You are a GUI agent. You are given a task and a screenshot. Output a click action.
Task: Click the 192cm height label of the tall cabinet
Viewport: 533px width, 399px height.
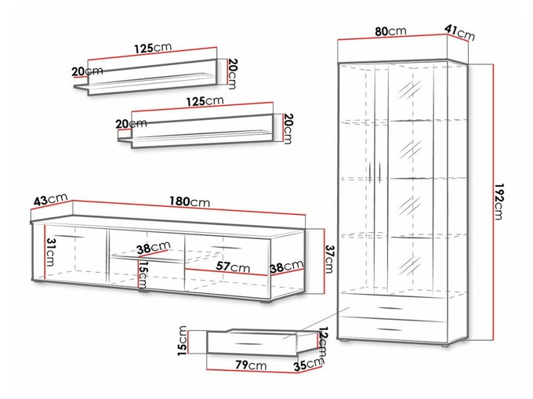498,201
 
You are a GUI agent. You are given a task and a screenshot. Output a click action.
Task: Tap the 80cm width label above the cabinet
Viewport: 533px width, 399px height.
390,31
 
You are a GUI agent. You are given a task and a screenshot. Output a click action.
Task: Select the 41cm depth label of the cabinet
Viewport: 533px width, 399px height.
459,32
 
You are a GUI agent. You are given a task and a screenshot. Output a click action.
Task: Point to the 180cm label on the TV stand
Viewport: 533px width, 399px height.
190,201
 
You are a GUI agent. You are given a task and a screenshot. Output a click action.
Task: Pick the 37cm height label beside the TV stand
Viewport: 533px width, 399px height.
329,259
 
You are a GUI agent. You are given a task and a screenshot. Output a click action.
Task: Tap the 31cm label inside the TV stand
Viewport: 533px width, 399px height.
51,252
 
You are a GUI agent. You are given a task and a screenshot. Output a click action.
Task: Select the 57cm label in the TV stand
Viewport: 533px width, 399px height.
233,267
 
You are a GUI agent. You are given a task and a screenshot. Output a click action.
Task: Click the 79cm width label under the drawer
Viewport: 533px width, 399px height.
251,365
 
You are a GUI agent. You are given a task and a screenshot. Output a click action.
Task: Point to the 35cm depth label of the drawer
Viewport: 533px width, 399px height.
308,365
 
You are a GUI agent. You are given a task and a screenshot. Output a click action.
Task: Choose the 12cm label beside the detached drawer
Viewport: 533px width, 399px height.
323,342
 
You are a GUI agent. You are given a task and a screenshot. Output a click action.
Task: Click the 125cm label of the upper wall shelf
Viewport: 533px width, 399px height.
153,48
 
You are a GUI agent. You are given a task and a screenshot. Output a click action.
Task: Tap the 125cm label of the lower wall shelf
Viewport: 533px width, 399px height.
205,101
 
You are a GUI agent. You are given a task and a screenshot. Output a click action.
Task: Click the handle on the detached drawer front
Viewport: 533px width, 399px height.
248,344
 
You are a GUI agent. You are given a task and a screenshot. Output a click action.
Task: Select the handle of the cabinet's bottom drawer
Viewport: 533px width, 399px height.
390,329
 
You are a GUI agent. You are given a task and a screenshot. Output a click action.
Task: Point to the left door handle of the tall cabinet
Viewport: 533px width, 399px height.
370,173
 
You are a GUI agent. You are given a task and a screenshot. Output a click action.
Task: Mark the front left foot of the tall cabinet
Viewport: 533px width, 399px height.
343,339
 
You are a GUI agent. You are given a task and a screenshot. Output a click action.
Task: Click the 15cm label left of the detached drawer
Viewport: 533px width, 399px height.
183,341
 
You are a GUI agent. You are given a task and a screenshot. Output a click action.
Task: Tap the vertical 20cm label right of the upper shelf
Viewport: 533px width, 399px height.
232,74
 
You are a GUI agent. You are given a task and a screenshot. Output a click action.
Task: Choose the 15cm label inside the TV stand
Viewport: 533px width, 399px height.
143,275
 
